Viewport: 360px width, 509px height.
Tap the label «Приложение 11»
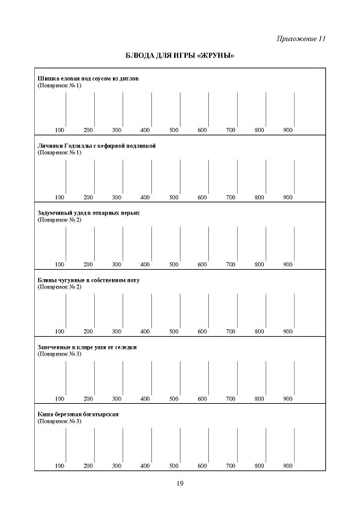301,39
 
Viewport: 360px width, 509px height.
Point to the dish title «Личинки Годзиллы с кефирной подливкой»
97,146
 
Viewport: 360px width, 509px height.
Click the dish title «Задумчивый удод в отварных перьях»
89,213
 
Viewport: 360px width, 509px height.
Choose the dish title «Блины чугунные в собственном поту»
88,280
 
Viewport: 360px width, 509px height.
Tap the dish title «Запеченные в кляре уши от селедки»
87,347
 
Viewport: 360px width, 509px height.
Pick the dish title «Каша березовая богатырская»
77,414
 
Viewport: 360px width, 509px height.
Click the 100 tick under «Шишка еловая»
59,130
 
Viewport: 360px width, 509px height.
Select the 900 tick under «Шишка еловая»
288,130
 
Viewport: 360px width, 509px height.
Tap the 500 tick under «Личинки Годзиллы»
174,197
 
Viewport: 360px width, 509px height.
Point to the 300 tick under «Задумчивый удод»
116,264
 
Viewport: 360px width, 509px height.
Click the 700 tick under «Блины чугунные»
231,331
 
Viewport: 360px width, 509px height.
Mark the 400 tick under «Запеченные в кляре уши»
145,398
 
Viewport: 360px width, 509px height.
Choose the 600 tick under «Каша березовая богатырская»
202,466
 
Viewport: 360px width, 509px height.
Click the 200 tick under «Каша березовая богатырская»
88,466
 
